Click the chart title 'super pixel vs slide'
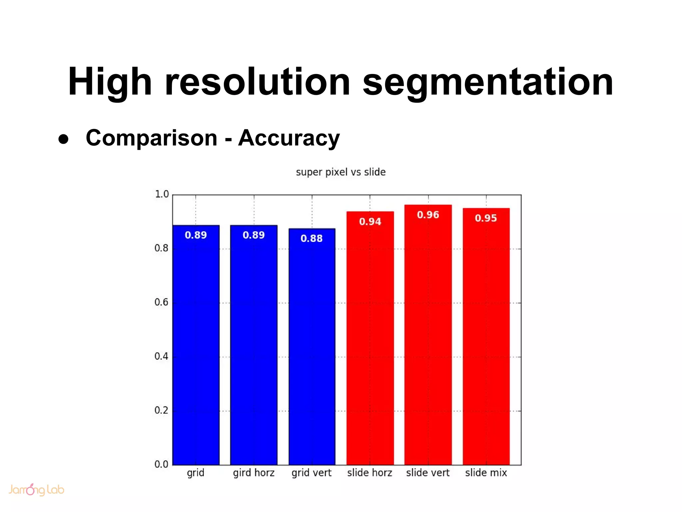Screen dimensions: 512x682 point(341,172)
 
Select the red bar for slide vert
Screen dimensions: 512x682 point(428,337)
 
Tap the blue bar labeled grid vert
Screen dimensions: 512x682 point(312,350)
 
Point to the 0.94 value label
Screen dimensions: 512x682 point(370,222)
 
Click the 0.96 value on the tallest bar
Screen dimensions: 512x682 point(428,215)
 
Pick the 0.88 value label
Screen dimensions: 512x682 point(312,239)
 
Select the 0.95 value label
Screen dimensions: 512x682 point(486,218)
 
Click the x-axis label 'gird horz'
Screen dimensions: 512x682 point(254,473)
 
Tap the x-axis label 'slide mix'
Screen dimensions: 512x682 point(486,473)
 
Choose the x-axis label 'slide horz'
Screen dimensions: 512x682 point(370,473)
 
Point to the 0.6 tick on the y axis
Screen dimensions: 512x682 point(162,302)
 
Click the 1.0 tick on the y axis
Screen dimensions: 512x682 point(162,194)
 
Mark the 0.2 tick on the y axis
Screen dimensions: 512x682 point(162,410)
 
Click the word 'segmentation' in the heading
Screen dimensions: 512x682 point(488,82)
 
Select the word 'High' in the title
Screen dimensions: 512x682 point(110,82)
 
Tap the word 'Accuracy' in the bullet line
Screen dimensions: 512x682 point(289,138)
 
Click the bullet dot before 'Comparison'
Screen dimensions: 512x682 point(63,139)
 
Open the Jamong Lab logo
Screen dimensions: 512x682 point(36,490)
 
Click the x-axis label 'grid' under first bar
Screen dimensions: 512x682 point(195,473)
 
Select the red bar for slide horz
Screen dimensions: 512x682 point(370,340)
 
